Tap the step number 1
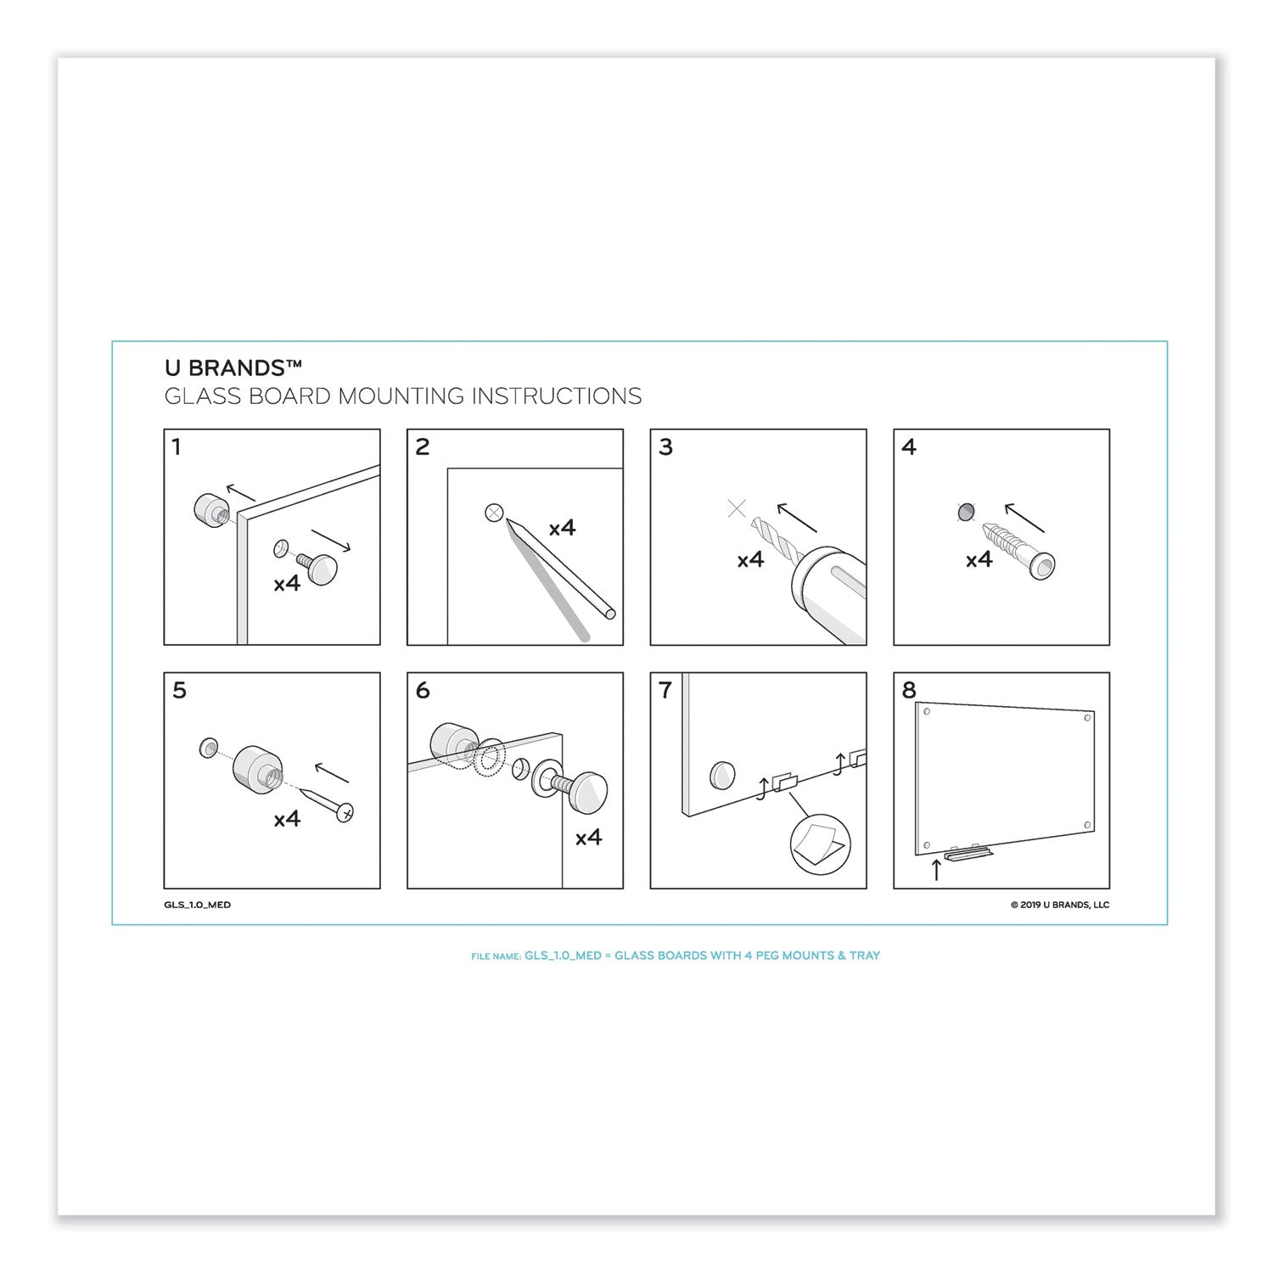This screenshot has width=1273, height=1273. click(176, 447)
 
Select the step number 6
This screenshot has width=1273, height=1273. click(422, 691)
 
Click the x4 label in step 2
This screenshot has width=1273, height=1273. click(562, 528)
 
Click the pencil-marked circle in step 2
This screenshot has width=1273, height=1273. click(494, 513)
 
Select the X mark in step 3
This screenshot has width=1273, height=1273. click(737, 509)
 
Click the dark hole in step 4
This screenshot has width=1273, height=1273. click(965, 513)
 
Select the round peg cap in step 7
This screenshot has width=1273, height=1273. click(722, 774)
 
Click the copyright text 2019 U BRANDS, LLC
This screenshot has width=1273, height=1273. click(1059, 905)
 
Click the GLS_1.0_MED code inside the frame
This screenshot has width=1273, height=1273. click(198, 905)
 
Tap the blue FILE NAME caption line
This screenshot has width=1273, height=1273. click(676, 956)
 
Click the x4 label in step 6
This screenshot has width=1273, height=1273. click(588, 838)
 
